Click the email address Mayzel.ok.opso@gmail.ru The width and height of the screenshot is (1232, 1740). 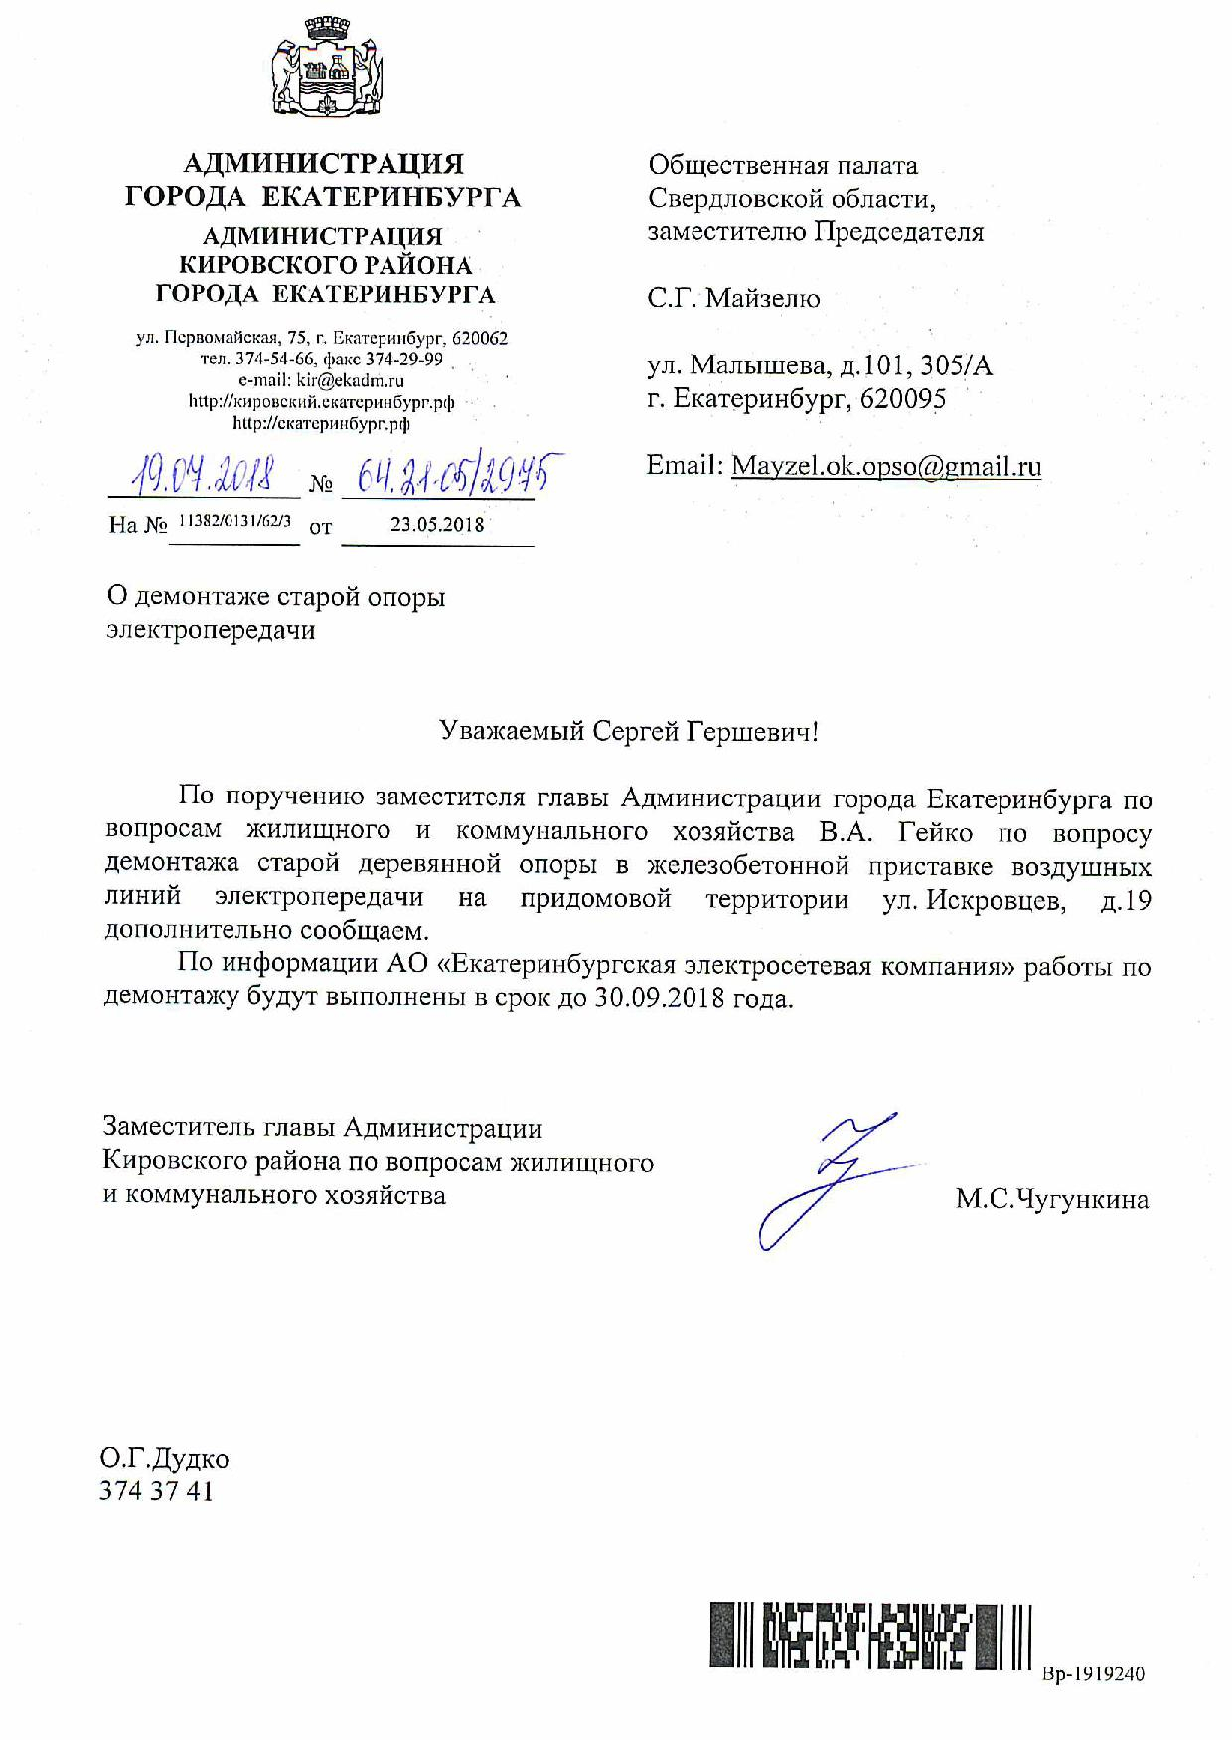coord(886,466)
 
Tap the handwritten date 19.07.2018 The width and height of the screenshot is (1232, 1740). coord(207,476)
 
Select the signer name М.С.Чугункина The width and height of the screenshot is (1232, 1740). coord(1051,1200)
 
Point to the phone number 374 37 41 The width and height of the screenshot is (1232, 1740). coord(157,1491)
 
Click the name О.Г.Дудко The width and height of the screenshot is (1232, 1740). coord(164,1458)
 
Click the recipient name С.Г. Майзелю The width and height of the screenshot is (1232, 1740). coord(733,298)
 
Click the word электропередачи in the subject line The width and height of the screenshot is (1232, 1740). coord(211,630)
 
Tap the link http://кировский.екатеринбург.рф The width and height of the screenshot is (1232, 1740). coord(321,402)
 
